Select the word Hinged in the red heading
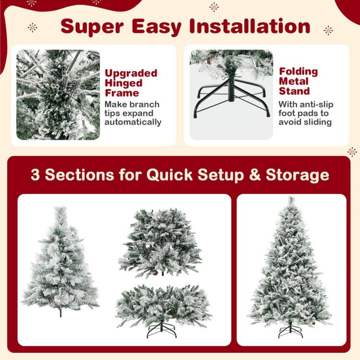click(123, 83)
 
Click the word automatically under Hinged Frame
click(133, 122)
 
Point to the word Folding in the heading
click(298, 71)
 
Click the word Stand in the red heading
click(294, 91)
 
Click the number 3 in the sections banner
click(35, 175)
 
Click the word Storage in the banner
click(297, 175)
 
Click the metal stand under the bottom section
click(162, 329)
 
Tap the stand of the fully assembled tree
click(291, 330)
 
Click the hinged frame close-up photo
click(58, 95)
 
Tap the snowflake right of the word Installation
click(328, 30)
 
